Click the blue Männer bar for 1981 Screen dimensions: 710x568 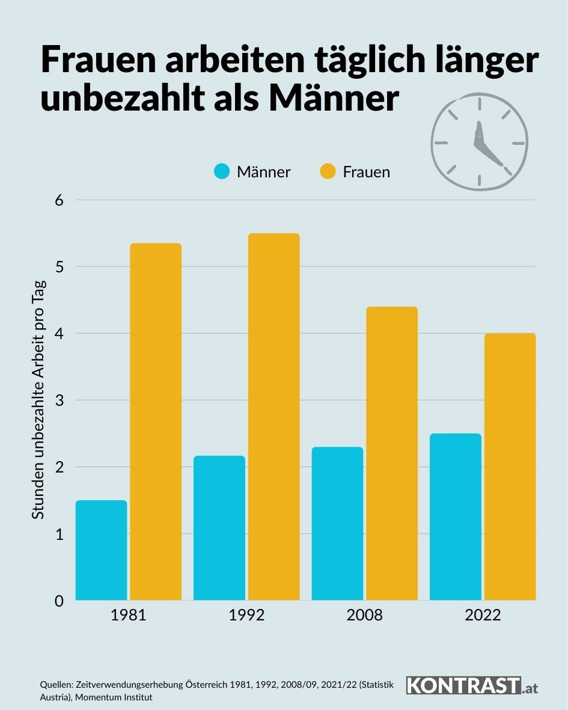(101, 550)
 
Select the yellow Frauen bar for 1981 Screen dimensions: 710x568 (156, 421)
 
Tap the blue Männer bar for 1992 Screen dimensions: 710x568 (219, 528)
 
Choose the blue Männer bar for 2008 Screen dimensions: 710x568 (337, 523)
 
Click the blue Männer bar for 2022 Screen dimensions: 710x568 (456, 516)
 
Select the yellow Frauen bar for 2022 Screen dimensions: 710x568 (510, 467)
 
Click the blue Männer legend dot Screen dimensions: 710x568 (222, 172)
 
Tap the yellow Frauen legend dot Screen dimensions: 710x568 (328, 172)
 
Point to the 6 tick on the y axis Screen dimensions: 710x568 (60, 200)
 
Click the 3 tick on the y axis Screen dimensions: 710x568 (60, 400)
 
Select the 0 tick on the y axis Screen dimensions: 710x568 (60, 601)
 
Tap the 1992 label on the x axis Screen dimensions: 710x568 (246, 616)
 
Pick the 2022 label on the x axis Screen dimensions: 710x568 (483, 616)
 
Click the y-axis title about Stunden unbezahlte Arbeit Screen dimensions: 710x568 (38, 400)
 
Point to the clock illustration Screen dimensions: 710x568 (479, 142)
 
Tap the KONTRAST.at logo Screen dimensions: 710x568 (472, 685)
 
